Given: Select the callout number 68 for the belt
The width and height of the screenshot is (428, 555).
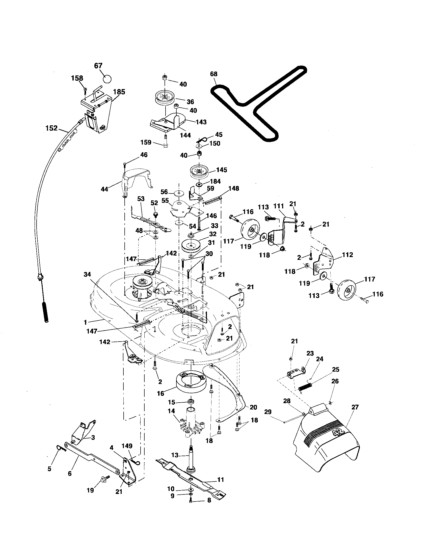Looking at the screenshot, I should pyautogui.click(x=214, y=74).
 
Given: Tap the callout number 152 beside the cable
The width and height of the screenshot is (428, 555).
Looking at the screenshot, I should pyautogui.click(x=51, y=128).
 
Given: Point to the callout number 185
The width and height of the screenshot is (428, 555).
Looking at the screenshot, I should pyautogui.click(x=119, y=92).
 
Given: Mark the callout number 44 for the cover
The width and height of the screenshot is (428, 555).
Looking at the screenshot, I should pyautogui.click(x=104, y=189).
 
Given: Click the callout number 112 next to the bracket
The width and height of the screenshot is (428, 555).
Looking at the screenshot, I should pyautogui.click(x=347, y=255).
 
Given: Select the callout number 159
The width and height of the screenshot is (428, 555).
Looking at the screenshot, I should pyautogui.click(x=146, y=142).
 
